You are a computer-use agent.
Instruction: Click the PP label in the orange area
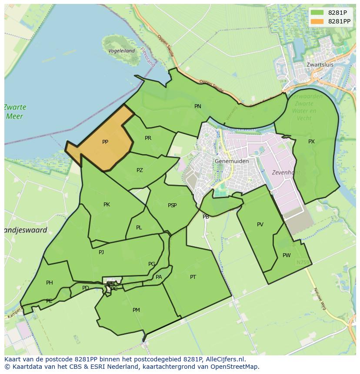105,142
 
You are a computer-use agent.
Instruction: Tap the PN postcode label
198,106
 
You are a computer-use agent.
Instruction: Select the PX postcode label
311,142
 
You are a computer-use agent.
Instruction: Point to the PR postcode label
148,138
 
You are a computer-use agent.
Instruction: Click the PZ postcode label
140,170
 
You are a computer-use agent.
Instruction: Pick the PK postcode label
107,205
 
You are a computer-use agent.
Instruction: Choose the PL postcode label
139,228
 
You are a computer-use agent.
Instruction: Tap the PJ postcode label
101,252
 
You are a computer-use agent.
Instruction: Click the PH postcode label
50,283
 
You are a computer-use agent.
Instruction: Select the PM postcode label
136,310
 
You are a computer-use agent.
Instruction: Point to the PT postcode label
193,277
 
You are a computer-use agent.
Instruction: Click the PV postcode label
260,225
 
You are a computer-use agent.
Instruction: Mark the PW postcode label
287,255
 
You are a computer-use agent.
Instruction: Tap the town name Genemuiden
232,161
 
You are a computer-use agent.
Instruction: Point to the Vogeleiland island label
121,51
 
